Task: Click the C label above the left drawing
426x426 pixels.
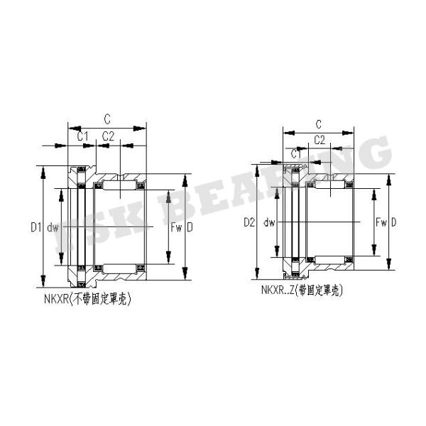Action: (106, 119)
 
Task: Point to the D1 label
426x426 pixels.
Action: (35, 227)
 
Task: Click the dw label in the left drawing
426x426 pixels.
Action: (52, 227)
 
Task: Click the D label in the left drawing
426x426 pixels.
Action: (190, 227)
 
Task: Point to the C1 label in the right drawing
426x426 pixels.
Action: (295, 153)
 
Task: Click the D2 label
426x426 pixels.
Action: (248, 222)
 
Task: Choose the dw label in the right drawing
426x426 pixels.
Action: (268, 222)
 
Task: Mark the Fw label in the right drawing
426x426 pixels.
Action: (381, 222)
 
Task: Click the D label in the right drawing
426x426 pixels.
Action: (394, 222)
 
